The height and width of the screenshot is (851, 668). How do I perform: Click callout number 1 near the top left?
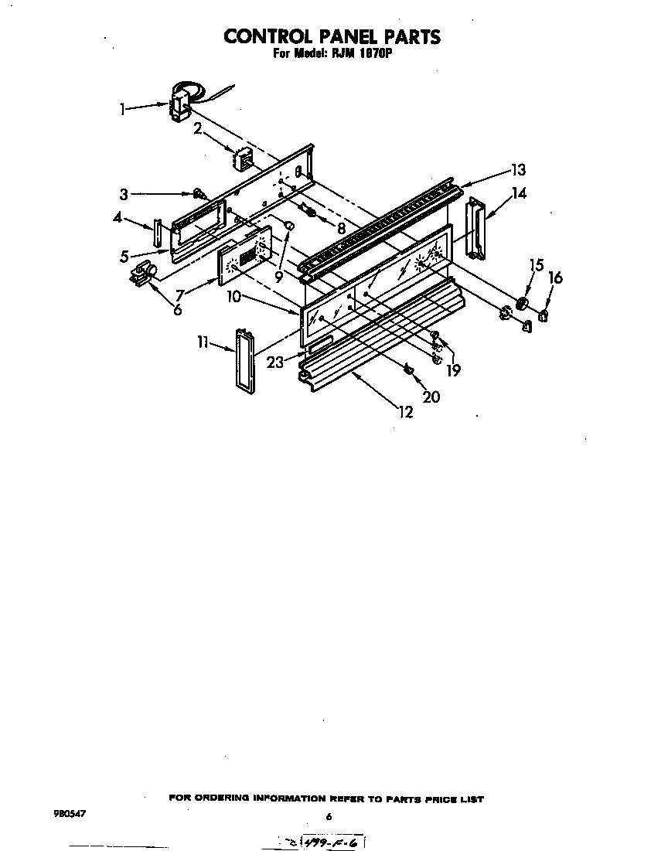click(x=122, y=110)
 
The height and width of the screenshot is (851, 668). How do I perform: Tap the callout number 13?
click(x=517, y=170)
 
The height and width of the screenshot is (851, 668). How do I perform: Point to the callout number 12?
click(x=405, y=412)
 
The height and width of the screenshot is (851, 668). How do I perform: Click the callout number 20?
click(x=431, y=397)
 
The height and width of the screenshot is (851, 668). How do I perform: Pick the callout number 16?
click(x=555, y=277)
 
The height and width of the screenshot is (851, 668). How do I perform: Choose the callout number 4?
click(x=117, y=218)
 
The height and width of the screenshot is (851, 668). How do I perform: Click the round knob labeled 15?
click(x=523, y=302)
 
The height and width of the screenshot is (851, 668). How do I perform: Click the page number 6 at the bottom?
click(x=329, y=816)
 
